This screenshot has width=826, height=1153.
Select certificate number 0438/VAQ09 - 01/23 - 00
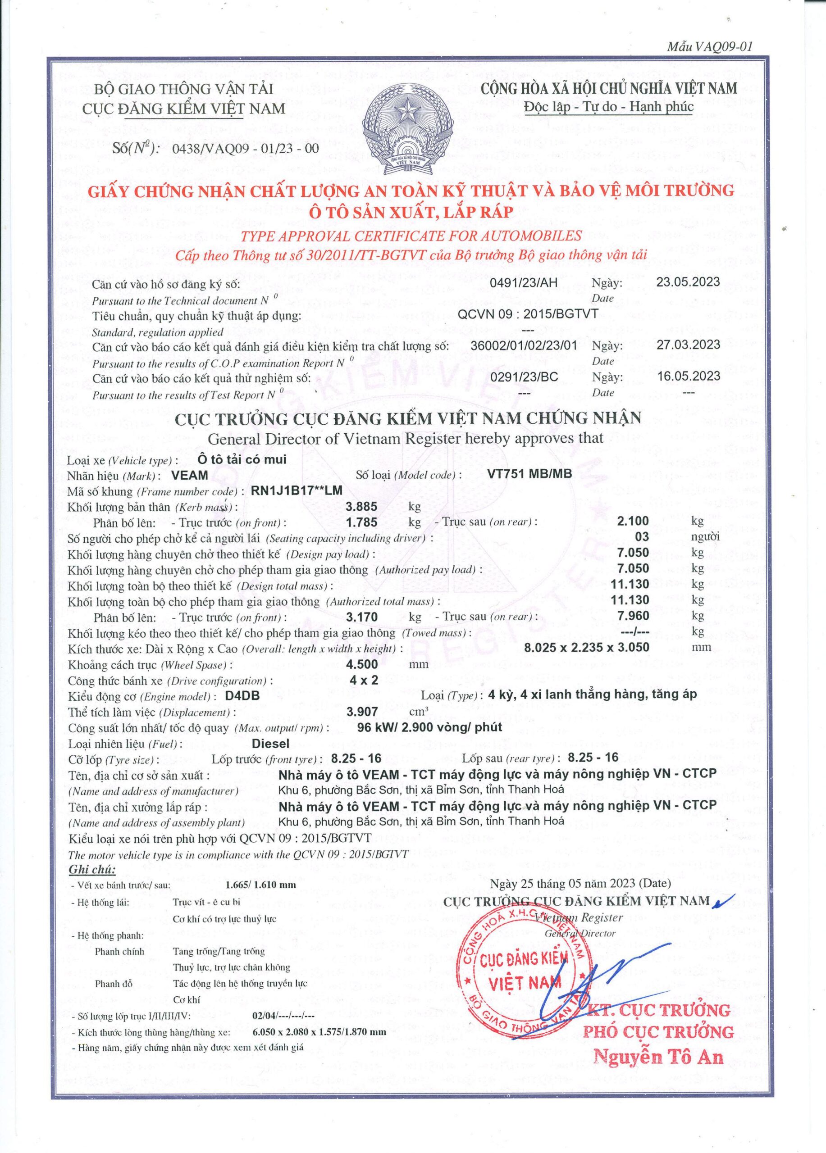246,149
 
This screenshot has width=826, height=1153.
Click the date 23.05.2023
688,281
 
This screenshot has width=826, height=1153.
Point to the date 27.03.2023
688,345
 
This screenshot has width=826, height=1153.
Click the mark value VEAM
190,475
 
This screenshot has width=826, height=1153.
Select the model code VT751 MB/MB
529,474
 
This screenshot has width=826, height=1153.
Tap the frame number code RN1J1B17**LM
297,490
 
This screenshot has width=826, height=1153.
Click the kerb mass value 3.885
362,506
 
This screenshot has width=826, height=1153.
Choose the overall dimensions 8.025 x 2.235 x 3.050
586,647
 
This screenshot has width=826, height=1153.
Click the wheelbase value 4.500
362,664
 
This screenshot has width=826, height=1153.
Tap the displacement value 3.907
362,712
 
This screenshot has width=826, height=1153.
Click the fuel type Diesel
270,743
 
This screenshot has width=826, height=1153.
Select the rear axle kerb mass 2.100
633,521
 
